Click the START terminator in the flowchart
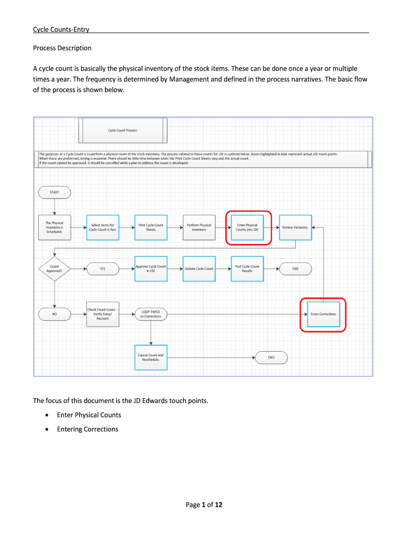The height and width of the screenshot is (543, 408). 55,192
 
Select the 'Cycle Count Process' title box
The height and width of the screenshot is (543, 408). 122,130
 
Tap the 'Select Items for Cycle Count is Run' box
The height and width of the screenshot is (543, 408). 102,227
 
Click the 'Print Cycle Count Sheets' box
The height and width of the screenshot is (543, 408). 151,227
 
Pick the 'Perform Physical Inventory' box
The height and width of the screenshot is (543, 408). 199,227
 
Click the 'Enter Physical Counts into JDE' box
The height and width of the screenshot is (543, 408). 247,227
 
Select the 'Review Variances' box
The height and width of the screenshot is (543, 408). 295,227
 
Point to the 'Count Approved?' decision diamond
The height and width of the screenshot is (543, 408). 55,269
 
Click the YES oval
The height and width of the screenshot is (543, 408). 102,269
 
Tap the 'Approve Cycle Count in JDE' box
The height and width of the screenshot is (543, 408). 151,269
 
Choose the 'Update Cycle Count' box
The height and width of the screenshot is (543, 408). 199,269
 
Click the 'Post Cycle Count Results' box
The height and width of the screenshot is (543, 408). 247,269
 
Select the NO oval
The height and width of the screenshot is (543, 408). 55,314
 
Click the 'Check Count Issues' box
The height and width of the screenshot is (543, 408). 102,314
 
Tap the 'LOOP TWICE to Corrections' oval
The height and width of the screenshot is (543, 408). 151,314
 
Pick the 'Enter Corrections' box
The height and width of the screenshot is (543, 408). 323,314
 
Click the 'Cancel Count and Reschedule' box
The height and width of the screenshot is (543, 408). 151,357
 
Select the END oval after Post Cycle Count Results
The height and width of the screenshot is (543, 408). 295,269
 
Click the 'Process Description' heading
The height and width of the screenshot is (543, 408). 62,48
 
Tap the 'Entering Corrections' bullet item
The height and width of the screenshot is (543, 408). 87,429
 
